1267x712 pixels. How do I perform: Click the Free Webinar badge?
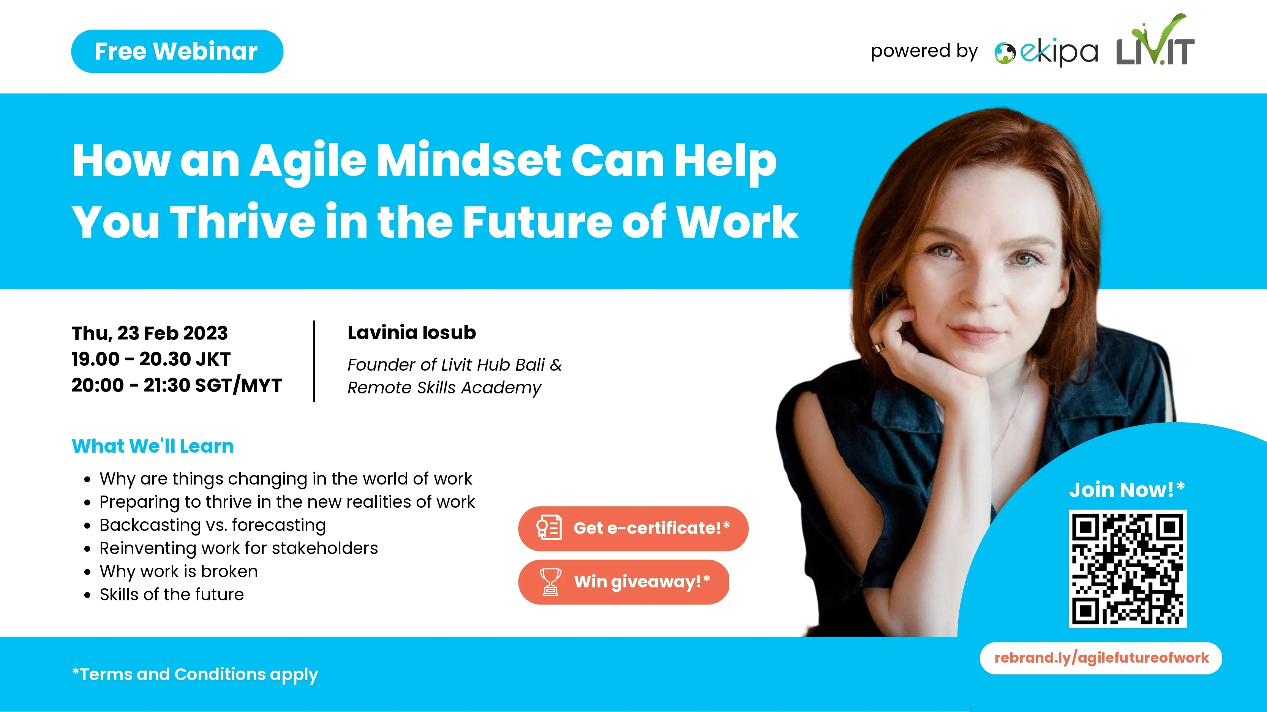click(x=177, y=51)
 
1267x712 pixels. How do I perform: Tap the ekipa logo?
click(x=1046, y=52)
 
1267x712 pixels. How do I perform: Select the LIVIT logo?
click(x=1155, y=40)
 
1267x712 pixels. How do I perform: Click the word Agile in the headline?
click(x=308, y=161)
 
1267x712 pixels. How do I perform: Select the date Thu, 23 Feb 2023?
click(x=150, y=333)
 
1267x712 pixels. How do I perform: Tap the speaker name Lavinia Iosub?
click(x=412, y=332)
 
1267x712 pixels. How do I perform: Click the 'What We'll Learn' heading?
click(x=152, y=446)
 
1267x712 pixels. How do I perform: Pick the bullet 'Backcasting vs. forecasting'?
click(x=212, y=525)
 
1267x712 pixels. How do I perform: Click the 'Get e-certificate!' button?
click(x=633, y=529)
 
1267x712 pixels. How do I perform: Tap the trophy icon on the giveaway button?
click(x=550, y=582)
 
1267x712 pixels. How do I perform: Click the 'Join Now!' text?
click(x=1127, y=490)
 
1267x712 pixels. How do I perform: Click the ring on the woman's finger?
click(x=878, y=347)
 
